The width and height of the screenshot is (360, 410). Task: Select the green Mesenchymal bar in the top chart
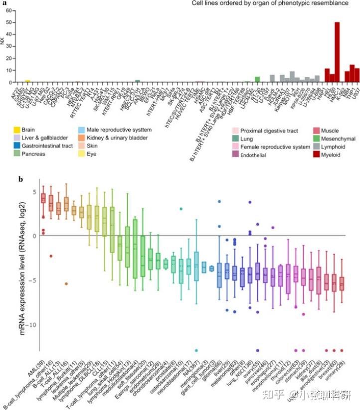(x=257, y=79)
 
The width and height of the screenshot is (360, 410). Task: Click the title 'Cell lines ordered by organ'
(x=270, y=3)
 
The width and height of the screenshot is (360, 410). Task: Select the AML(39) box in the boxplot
(x=43, y=198)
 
